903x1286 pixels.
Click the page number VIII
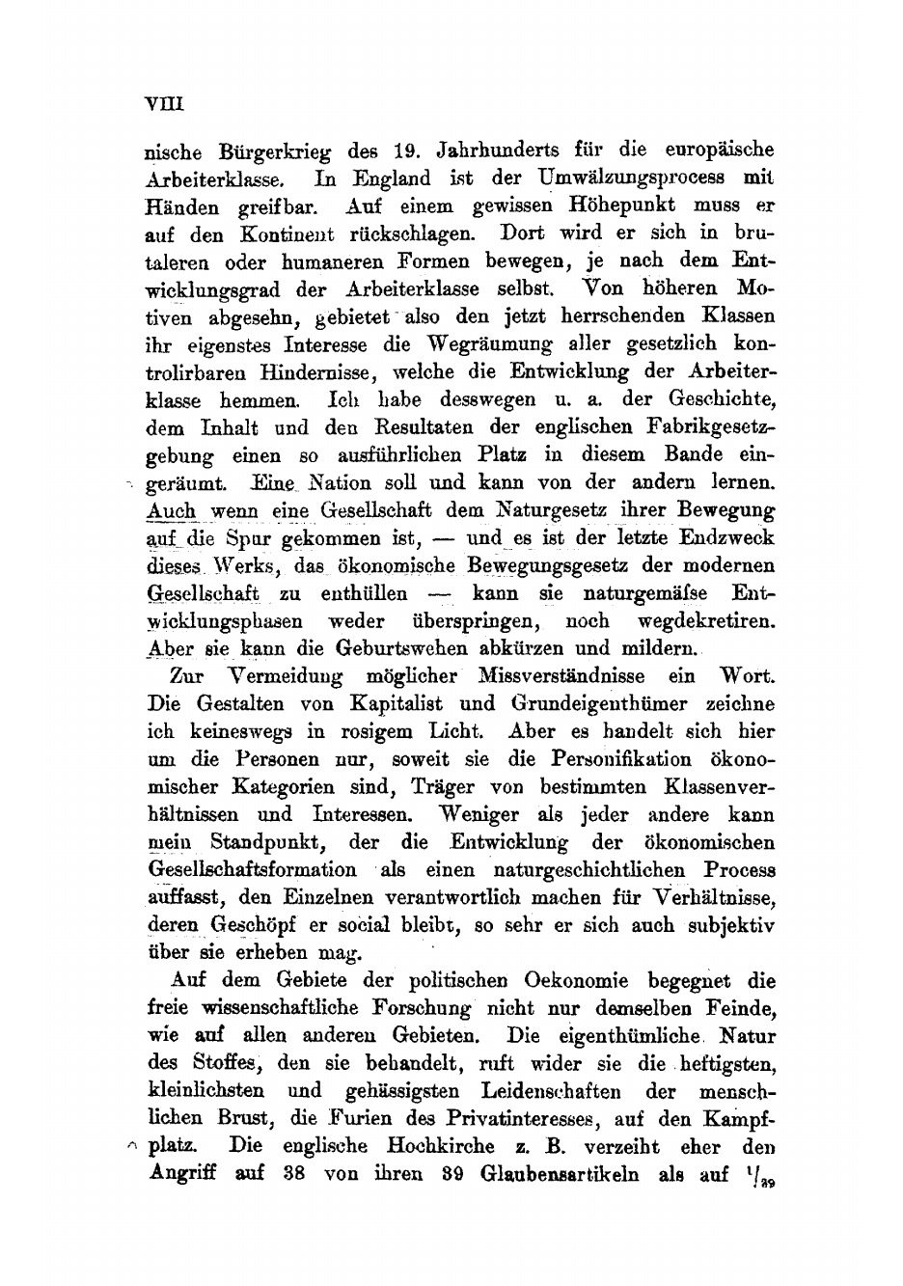(163, 103)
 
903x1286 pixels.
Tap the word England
(392, 178)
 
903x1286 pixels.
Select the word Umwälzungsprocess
(629, 178)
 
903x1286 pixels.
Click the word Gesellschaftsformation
(254, 870)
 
